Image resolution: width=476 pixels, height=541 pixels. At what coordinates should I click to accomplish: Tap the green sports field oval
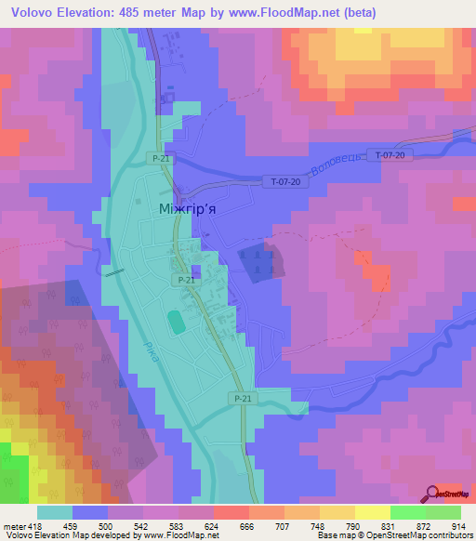coord(177,322)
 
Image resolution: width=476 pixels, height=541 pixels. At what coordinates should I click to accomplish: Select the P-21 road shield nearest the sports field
coord(185,280)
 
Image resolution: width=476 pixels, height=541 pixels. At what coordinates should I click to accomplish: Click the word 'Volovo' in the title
coord(32,13)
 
